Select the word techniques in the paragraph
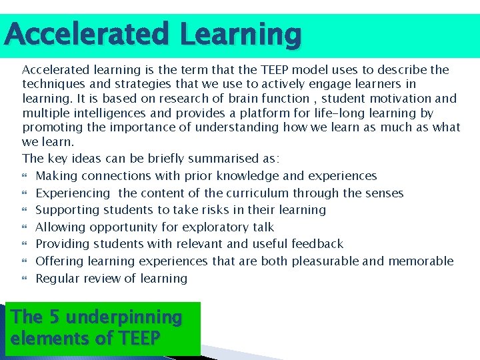click(52, 84)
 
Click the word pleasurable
click(325, 261)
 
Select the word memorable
click(421, 261)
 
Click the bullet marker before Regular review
click(26, 279)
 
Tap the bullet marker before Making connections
click(26, 177)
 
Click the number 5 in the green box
click(53, 317)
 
